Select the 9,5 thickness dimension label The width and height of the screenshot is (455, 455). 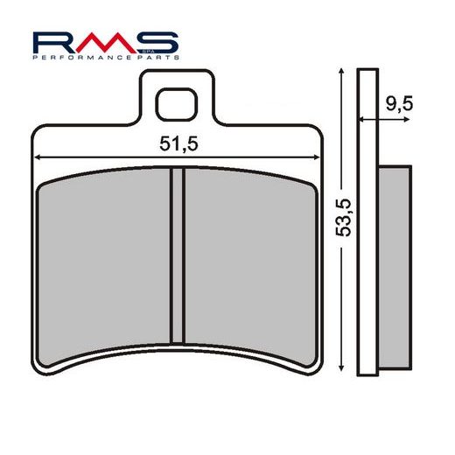coord(398,103)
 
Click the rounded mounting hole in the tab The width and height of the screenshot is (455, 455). coord(178,105)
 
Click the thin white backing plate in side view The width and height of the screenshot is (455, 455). coord(369,219)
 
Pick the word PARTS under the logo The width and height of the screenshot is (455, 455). coord(157,56)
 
